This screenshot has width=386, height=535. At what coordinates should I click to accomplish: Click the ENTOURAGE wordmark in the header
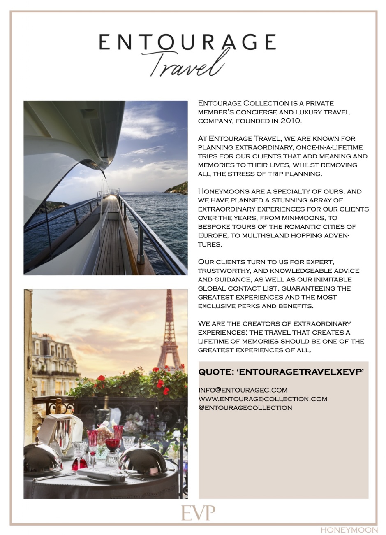click(x=187, y=42)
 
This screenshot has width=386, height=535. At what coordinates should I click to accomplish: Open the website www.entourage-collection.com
click(x=263, y=399)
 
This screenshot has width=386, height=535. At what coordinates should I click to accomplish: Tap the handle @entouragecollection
click(x=245, y=408)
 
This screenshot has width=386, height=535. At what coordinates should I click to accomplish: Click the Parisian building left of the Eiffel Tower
click(x=53, y=362)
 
